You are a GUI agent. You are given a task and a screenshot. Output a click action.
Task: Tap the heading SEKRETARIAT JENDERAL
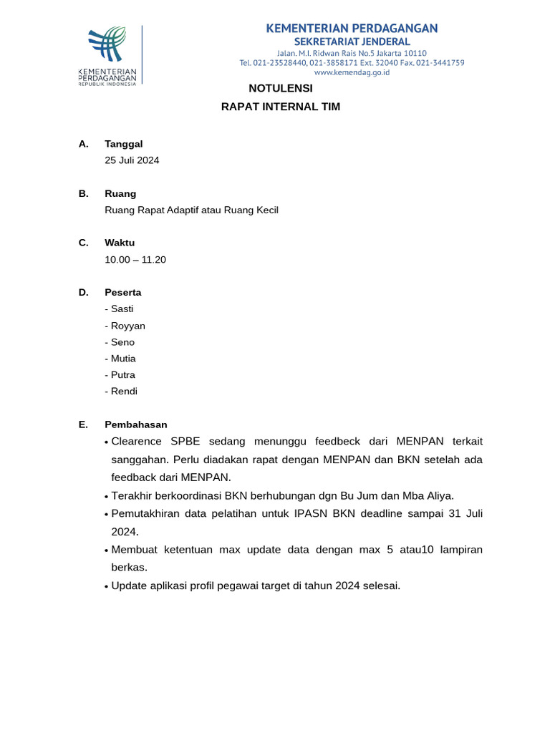pos(352,42)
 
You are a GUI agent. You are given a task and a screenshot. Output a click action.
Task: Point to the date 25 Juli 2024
pos(132,160)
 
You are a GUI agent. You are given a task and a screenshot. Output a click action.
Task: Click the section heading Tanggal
pos(123,144)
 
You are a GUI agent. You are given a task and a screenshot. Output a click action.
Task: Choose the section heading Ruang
pos(120,193)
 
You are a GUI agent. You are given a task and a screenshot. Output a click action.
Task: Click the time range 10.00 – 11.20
pos(135,260)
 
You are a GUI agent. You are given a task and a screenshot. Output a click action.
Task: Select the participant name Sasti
pos(122,309)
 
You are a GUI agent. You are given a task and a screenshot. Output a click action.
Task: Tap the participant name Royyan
pos(127,326)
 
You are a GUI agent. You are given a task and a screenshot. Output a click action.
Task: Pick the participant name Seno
pos(122,342)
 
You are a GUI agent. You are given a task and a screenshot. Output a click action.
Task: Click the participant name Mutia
pos(123,359)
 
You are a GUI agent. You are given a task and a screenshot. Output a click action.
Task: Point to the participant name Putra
pos(122,375)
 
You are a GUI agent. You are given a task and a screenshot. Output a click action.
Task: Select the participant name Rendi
pos(124,392)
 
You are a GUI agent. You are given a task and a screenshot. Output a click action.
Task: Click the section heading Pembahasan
pos(135,424)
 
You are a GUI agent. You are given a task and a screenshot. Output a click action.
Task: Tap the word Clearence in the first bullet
pos(136,441)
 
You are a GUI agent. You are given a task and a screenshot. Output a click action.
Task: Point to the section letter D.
pos(83,293)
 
